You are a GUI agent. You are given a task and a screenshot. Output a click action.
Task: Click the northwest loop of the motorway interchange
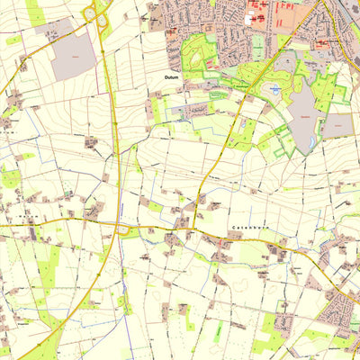[x=90, y=12]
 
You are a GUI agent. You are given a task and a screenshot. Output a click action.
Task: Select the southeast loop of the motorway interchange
[x=103, y=21]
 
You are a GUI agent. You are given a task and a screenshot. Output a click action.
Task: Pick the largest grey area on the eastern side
[x=302, y=112]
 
